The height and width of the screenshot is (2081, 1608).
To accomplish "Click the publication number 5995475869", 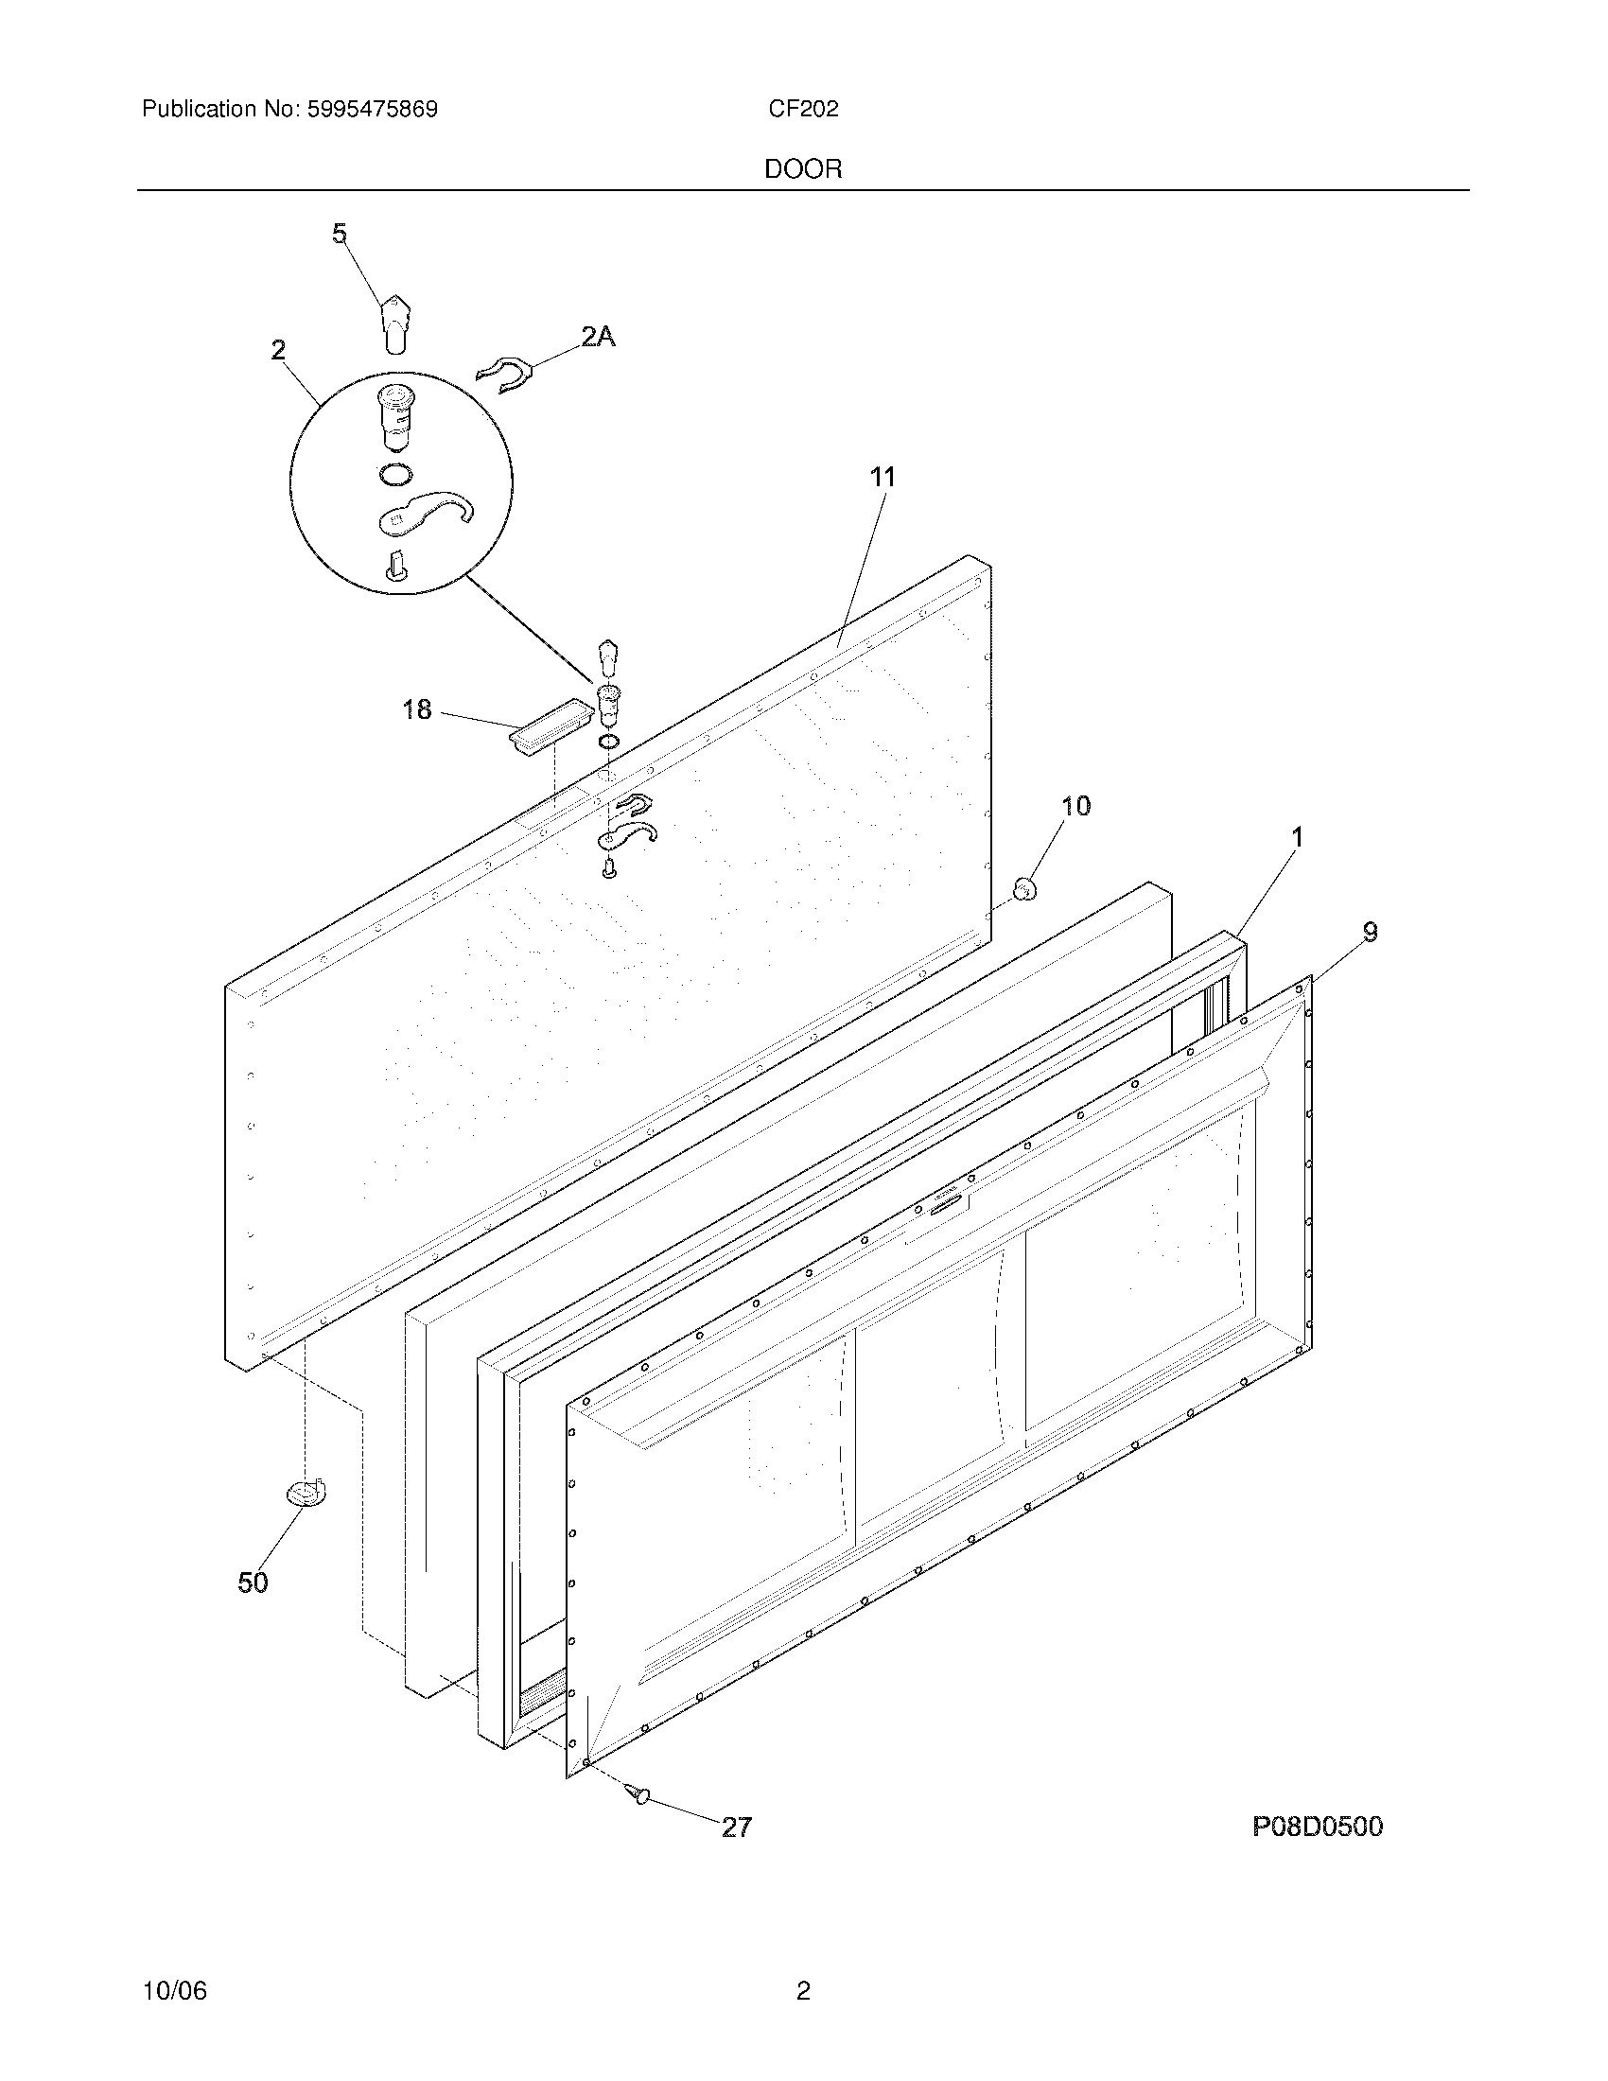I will pyautogui.click(x=372, y=110).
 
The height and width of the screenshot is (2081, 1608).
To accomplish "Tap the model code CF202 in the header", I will pyautogui.click(x=803, y=110).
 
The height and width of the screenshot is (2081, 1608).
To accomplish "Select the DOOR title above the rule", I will pyautogui.click(x=803, y=169).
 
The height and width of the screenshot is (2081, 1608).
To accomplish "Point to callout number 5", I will pyautogui.click(x=340, y=234).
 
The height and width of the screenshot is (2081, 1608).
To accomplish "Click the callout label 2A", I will pyautogui.click(x=598, y=336).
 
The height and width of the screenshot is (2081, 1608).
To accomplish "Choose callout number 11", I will pyautogui.click(x=883, y=477).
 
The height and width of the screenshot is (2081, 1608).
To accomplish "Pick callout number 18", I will pyautogui.click(x=416, y=708).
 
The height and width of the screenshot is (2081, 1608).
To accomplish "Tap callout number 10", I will pyautogui.click(x=1075, y=806).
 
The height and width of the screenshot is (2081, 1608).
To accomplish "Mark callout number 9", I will pyautogui.click(x=1369, y=932).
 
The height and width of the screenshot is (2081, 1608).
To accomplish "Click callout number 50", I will pyautogui.click(x=253, y=1583).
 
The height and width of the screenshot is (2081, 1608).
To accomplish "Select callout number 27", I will pyautogui.click(x=736, y=1827).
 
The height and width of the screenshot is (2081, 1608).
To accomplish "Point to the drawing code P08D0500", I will pyautogui.click(x=1317, y=1827).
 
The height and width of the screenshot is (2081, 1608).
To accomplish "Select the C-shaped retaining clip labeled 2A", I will pyautogui.click(x=502, y=375).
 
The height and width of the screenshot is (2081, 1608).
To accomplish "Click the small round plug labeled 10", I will pyautogui.click(x=1025, y=889).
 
